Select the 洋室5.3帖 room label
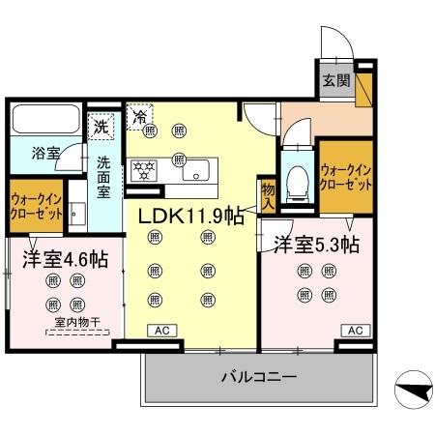[x=315, y=245]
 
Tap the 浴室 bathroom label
[x=45, y=154]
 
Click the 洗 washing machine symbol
[x=101, y=126]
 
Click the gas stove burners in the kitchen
[x=145, y=169]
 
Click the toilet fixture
[x=299, y=180]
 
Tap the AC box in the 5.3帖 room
[x=355, y=331]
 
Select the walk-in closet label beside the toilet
[x=345, y=176]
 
